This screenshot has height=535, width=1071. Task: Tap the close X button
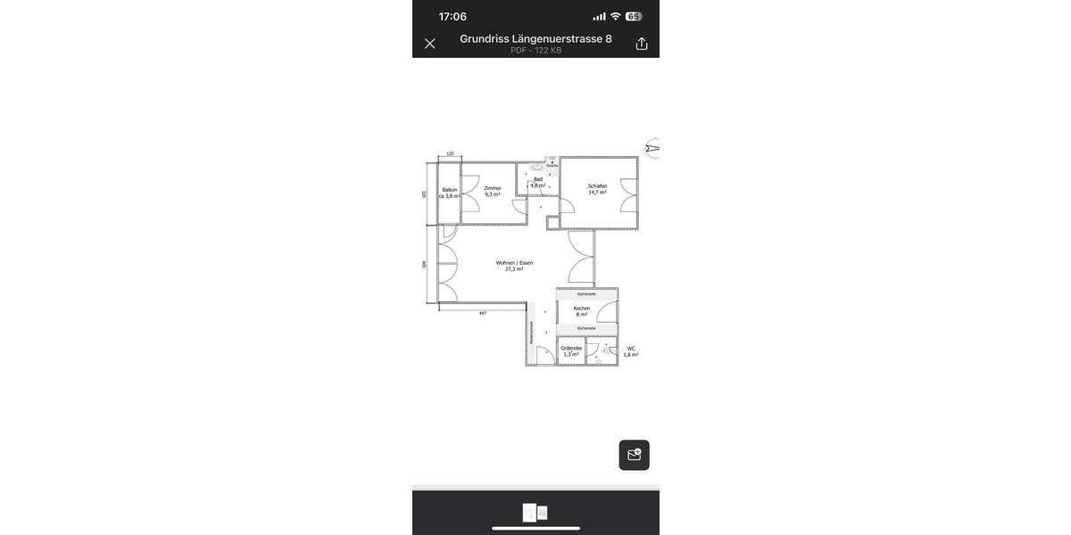pos(429,44)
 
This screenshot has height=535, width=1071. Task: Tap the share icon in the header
pos(641,44)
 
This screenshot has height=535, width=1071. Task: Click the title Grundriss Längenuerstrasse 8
pos(535,39)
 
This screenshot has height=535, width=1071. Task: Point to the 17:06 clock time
pos(452,16)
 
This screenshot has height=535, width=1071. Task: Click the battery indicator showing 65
pos(634,16)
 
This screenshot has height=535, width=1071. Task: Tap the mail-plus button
pos(635,455)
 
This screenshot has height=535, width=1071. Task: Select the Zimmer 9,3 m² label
pos(493,191)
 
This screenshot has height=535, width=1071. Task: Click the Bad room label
pos(537,182)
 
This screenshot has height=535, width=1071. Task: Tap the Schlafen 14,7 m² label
pos(597,189)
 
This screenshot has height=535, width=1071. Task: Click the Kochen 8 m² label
pos(582,311)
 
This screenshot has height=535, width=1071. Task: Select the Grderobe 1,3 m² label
pos(571,350)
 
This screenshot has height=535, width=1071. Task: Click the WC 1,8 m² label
pos(631,351)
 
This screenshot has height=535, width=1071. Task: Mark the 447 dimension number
pos(482,314)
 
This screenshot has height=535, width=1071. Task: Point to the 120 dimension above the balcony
pos(450,154)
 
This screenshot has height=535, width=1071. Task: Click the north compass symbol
pos(652,147)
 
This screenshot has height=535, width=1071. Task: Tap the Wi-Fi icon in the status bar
pos(615,16)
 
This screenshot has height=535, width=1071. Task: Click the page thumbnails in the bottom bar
pos(535,513)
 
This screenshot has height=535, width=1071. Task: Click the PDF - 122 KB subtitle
pos(535,51)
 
